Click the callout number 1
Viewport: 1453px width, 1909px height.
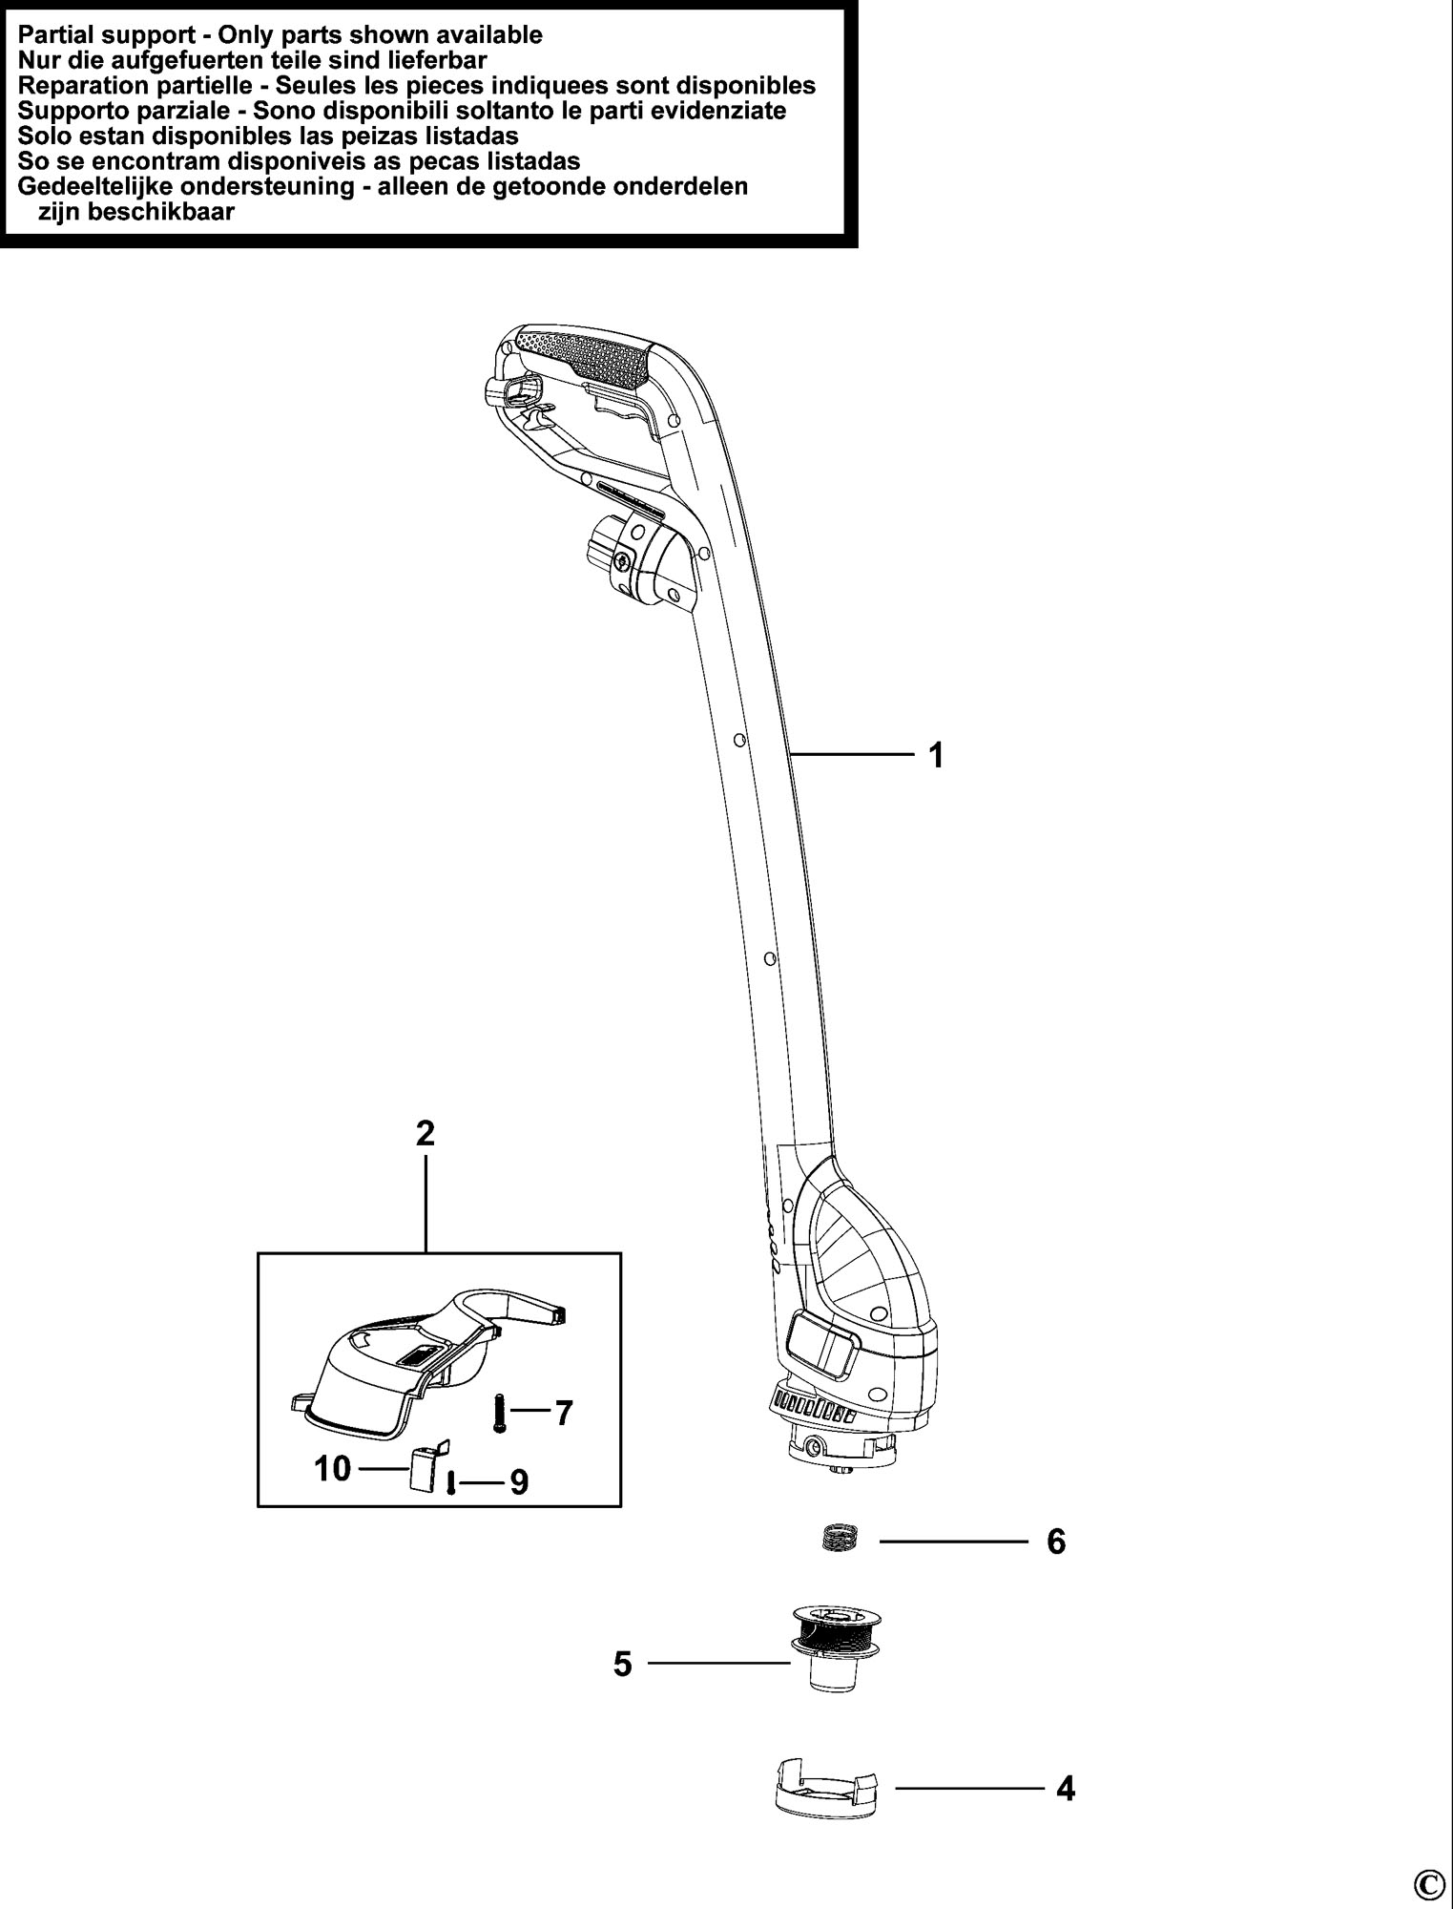coord(936,756)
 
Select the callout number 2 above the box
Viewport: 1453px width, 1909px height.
coord(426,1133)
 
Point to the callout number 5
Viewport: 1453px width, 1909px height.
coord(623,1665)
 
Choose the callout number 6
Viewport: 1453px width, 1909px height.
coord(1056,1542)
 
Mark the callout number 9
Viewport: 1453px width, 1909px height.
coord(519,1481)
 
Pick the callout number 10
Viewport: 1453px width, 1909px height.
coord(333,1468)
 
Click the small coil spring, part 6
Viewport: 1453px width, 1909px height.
coord(842,1538)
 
